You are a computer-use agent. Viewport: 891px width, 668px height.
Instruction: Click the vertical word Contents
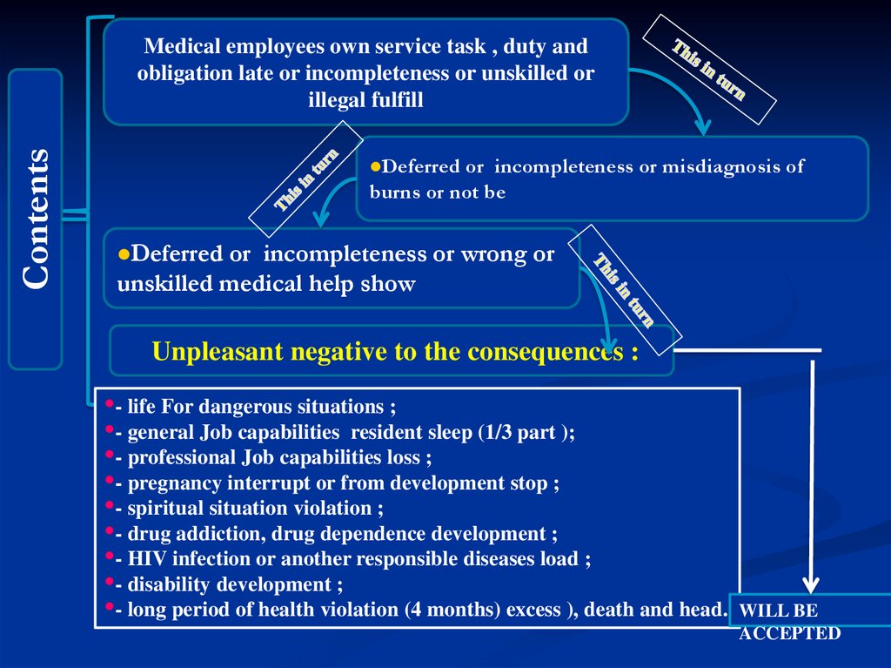coord(36,219)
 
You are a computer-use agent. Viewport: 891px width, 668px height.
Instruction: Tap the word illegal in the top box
coord(337,100)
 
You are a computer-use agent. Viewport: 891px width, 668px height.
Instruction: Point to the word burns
coord(395,192)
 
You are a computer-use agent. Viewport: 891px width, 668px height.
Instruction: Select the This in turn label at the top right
coord(709,70)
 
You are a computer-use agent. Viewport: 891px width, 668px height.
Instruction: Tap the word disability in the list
coord(170,584)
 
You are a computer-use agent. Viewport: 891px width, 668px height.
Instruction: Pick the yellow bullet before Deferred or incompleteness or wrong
coord(124,253)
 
